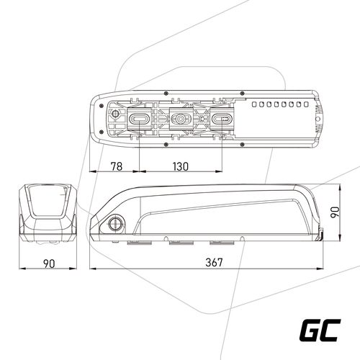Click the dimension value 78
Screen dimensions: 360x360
pyautogui.click(x=117, y=166)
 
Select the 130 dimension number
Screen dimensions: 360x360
pyautogui.click(x=181, y=166)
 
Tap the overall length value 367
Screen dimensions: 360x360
pyautogui.click(x=214, y=262)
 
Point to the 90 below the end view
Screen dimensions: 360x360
pyautogui.click(x=49, y=264)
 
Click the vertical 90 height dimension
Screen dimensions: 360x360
pyautogui.click(x=335, y=212)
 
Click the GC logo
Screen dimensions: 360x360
pyautogui.click(x=320, y=330)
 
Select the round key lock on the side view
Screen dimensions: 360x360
pyautogui.click(x=115, y=224)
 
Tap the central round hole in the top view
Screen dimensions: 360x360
pyautogui.click(x=180, y=118)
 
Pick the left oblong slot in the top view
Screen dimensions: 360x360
pyautogui.click(x=140, y=118)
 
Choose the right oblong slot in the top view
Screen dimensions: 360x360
pyautogui.click(x=222, y=118)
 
